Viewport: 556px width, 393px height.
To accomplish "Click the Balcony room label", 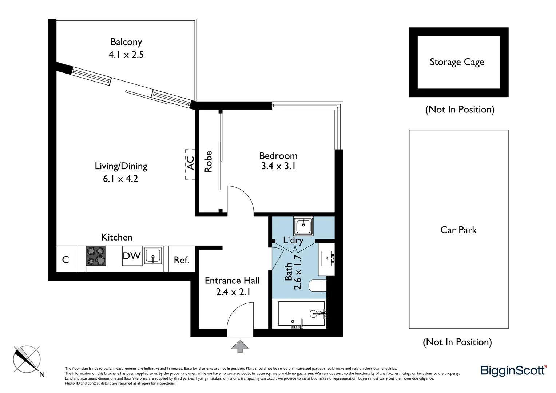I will tap(126, 42).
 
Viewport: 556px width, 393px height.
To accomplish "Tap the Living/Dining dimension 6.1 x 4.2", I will tap(120, 179).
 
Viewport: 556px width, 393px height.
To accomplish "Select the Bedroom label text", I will tap(278, 156).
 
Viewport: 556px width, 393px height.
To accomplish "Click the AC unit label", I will tap(190, 163).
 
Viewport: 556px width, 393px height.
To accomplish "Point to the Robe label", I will tap(208, 162).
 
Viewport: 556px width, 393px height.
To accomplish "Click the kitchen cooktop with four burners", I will tap(96, 256).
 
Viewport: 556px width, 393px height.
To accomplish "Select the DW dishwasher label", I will tap(132, 256).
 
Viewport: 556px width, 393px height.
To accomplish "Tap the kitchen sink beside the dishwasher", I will tap(153, 255).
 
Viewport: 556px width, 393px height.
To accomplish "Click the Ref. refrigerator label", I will tap(182, 260).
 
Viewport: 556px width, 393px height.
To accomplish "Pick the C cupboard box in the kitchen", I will tap(66, 259).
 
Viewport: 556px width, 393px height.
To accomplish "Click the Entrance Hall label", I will tap(232, 281).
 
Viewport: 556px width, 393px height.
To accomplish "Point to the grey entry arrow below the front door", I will tap(240, 346).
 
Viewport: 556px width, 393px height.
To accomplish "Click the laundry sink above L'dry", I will tap(303, 226).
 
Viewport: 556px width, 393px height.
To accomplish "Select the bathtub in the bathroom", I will tap(302, 313).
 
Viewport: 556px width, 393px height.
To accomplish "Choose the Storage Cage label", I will tap(457, 62).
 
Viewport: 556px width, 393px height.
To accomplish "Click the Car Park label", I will tap(458, 230).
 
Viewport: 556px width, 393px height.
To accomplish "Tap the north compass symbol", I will tap(27, 360).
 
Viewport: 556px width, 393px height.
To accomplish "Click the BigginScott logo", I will tap(513, 370).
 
